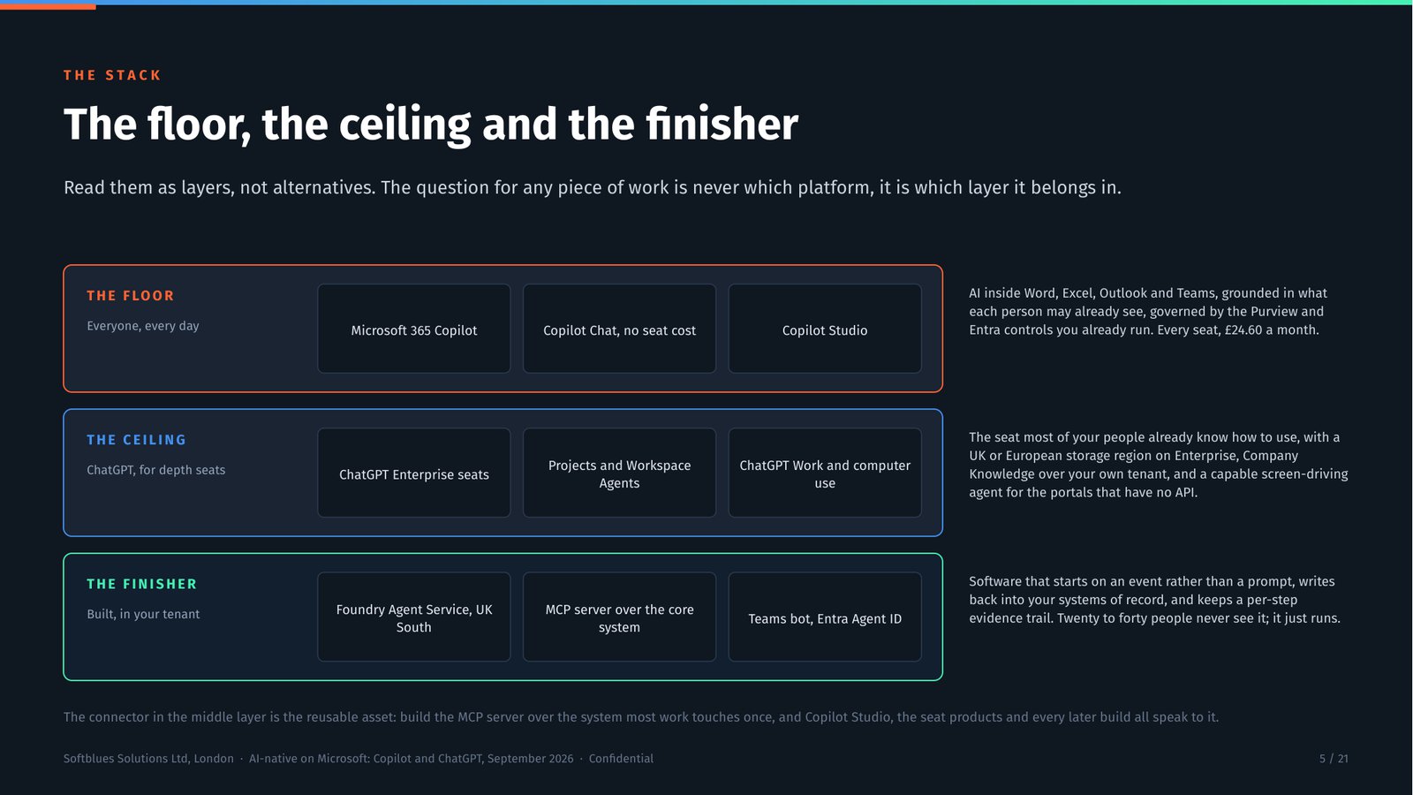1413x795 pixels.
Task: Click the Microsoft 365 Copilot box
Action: click(414, 329)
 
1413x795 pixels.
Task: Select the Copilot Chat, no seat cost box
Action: click(619, 329)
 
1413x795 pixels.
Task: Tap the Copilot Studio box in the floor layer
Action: click(825, 329)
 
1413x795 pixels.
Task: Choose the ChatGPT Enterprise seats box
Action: click(414, 473)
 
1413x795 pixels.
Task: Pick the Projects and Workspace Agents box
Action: click(619, 473)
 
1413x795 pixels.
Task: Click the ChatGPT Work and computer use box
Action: click(825, 473)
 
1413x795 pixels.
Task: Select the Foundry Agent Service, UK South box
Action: click(414, 617)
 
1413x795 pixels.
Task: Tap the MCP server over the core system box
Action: click(619, 617)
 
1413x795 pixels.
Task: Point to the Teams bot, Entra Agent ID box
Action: click(825, 617)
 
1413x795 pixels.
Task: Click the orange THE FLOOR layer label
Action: click(131, 296)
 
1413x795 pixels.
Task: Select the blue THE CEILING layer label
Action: click(137, 440)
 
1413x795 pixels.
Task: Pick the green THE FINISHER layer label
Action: click(142, 584)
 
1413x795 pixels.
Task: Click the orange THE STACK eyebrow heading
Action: click(112, 76)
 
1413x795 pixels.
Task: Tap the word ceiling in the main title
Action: click(405, 125)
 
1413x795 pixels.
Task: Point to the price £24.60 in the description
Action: click(1243, 330)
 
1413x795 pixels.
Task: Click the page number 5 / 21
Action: click(1334, 759)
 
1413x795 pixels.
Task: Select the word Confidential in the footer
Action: click(621, 759)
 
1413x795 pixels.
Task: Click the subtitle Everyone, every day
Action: click(142, 326)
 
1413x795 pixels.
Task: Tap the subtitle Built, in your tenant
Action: click(143, 615)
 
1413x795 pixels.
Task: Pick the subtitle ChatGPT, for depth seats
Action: click(155, 471)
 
